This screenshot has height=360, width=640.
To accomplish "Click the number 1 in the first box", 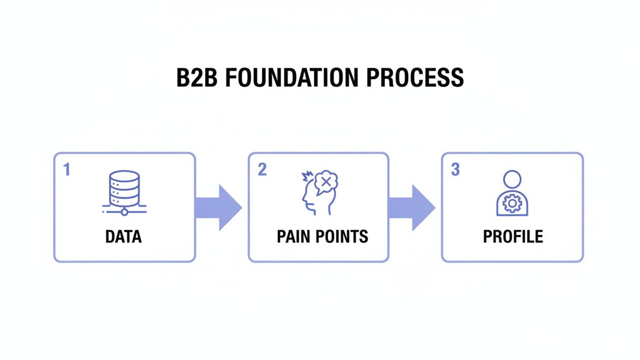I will coord(67,169).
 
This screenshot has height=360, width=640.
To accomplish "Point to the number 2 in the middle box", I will coord(262,169).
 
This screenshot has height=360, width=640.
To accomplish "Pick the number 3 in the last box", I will coord(456,169).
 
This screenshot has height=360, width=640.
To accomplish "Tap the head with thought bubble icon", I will coord(319,194).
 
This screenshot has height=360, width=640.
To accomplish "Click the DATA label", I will coord(124,237).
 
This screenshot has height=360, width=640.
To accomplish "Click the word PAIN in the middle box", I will coord(294,237).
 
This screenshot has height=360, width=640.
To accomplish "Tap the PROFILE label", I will coord(512,237).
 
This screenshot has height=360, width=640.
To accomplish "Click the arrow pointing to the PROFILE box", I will coord(412,207).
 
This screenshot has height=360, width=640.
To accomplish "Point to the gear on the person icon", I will coord(512,204).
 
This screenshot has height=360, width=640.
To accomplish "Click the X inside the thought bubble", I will coord(326,182).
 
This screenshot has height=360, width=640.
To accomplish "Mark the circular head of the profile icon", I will coord(512,179).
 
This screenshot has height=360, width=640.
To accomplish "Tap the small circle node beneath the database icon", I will coord(124,212).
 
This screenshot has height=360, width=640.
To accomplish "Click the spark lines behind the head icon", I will coord(306,176).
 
